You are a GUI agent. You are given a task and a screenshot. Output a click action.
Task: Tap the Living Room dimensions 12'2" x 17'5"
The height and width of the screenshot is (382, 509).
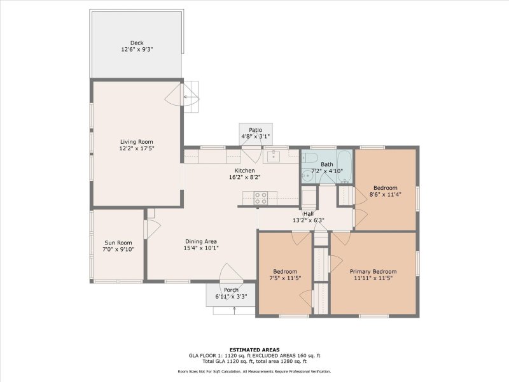[137, 148]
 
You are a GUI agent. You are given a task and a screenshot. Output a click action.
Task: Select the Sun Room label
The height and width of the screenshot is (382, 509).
[118, 243]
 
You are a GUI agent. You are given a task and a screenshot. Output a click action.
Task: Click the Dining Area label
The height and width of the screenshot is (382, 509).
[201, 241]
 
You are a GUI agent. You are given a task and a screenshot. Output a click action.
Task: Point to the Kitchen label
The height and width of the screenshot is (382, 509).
[245, 171]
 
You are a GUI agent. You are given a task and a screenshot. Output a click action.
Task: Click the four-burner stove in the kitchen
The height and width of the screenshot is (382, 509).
[261, 198]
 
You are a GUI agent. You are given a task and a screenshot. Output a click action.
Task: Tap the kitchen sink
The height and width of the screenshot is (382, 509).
[275, 155]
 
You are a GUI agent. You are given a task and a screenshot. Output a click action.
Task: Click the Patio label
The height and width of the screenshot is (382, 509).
[255, 130]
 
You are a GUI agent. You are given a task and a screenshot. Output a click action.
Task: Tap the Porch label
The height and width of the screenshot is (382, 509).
[231, 290]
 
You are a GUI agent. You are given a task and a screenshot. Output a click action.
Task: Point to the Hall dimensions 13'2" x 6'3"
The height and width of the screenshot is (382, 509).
[309, 221]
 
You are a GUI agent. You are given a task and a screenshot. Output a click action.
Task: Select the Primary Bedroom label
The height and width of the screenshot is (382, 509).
[373, 271]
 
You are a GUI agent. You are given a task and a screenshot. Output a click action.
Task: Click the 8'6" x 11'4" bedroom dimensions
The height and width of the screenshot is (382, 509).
[386, 195]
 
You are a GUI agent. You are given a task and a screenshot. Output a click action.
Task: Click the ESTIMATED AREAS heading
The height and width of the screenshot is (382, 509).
[254, 349]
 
